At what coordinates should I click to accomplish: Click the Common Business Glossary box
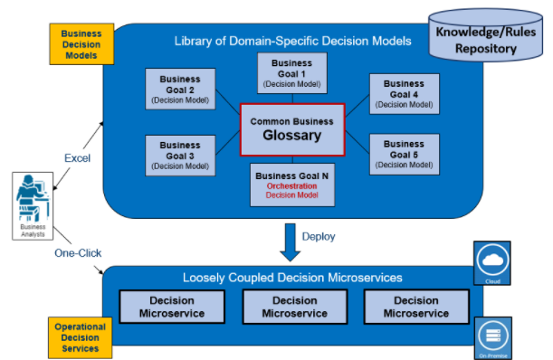291,129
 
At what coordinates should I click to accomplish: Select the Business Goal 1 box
291,73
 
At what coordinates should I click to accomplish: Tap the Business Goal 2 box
180,89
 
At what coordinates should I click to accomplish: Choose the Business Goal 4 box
404,93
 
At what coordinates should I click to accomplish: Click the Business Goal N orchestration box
291,185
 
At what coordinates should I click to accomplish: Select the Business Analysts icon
32,203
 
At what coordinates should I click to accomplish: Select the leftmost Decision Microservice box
171,308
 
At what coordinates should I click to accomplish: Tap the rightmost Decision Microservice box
416,308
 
